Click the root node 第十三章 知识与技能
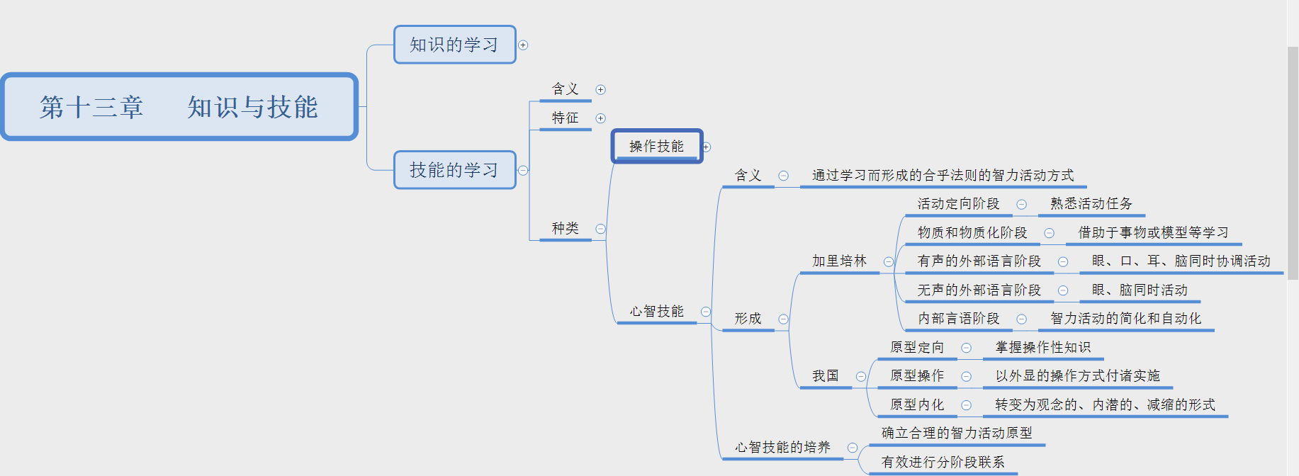pos(179,107)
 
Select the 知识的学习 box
pos(454,45)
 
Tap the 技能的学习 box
pos(454,170)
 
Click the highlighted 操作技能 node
pos(656,146)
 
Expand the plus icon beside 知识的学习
pos(523,45)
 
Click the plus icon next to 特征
pos(600,118)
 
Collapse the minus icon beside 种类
pos(600,229)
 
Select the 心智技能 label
pos(656,311)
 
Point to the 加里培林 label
pos(839,261)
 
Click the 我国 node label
pos(825,375)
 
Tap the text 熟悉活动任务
pos(1091,203)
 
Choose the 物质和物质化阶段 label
pos(972,232)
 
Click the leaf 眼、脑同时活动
pos(1139,290)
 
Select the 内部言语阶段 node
pos(958,318)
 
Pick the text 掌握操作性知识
pos(1042,347)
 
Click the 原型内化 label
pos(916,404)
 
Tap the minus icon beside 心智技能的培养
pos(853,448)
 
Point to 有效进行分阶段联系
pos(943,462)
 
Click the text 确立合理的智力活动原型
pos(956,433)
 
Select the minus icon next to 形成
pos(783,319)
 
